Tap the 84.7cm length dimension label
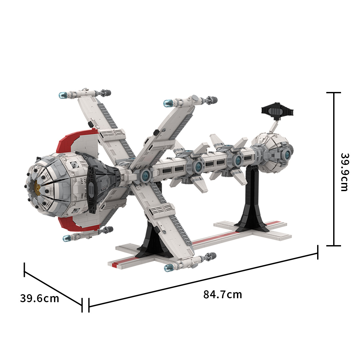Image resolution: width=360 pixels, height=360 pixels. [x=223, y=295]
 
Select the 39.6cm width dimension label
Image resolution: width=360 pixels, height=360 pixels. [x=40, y=298]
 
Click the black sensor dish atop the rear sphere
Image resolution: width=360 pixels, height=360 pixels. [x=277, y=111]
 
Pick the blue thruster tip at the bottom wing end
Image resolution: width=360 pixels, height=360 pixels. [x=169, y=268]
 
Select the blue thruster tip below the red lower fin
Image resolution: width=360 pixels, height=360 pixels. [x=67, y=238]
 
